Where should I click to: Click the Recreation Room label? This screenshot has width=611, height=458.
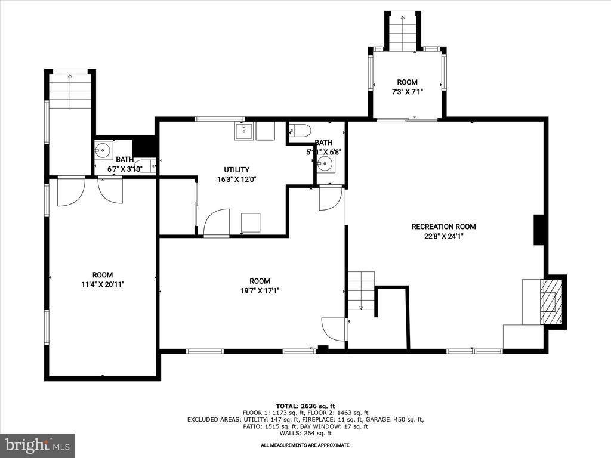[443, 227]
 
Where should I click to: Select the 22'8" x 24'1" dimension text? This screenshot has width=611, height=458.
[443, 236]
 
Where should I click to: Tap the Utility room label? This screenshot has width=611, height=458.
[237, 169]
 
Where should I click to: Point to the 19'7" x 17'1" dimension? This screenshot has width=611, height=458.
[260, 290]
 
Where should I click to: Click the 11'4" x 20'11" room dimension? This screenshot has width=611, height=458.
[103, 284]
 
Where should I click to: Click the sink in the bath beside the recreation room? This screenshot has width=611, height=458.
[326, 163]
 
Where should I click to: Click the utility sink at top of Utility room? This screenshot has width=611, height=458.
[244, 131]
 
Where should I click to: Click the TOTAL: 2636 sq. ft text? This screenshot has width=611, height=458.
[305, 406]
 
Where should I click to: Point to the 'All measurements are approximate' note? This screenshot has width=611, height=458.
[305, 445]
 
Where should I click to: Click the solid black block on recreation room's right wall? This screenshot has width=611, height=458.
[539, 230]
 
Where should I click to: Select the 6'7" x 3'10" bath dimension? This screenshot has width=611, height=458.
[125, 169]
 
